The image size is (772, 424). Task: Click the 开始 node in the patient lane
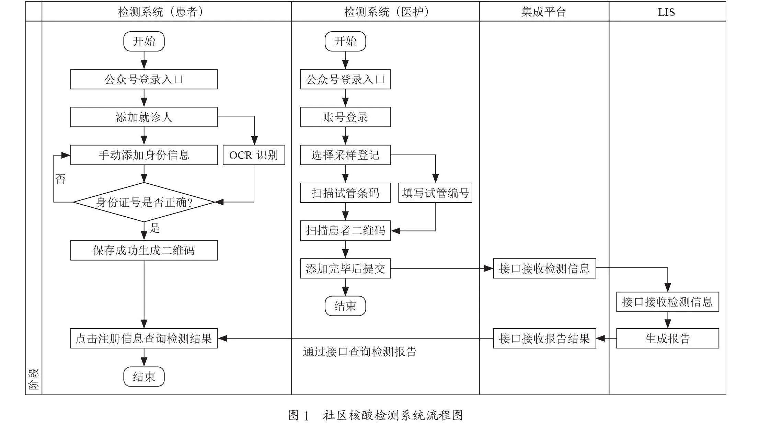pos(144,41)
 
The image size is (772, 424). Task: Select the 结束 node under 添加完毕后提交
pos(345,306)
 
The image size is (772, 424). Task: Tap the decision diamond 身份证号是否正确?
pos(144,202)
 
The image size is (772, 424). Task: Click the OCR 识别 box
pos(254,155)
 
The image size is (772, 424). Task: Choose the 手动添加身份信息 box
pos(144,155)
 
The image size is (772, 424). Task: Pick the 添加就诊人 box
pos(144,117)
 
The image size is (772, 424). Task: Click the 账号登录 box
pos(345,117)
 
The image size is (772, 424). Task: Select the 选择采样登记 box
pos(345,155)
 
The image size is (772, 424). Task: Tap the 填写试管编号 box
pos(435,193)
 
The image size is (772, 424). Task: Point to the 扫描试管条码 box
pos(345,193)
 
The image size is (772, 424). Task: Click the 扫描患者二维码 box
pos(345,230)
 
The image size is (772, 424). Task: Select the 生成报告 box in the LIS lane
pos(668,339)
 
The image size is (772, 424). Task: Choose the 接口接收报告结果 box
pos(544,339)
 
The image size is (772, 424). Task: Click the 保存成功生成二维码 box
pos(144,250)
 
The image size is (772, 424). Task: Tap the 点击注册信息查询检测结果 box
pos(144,339)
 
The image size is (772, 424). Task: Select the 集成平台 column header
pos(544,12)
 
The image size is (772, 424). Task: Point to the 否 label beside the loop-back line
pos(60,179)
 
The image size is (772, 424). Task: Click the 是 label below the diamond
pos(155,228)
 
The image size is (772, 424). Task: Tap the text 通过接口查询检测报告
pos(360,352)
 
